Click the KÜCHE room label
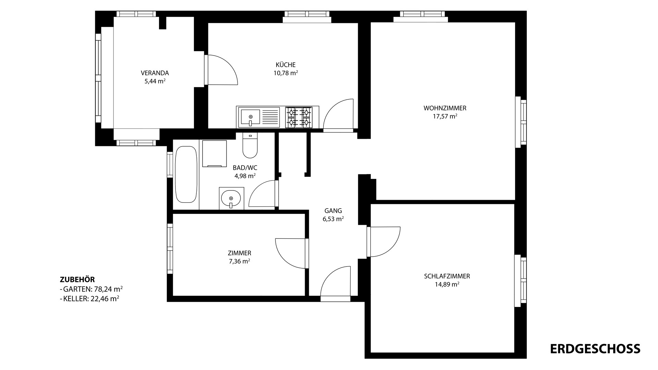[x=285, y=65]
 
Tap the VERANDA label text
[x=155, y=73]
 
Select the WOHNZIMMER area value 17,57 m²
[x=445, y=116]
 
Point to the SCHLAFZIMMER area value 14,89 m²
[x=447, y=284]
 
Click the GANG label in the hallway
[x=333, y=211]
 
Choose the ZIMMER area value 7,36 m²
[x=240, y=261]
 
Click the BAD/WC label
[x=245, y=168]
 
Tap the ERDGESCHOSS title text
[x=595, y=349]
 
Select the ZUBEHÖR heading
[x=77, y=280]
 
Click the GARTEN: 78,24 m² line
[x=91, y=289]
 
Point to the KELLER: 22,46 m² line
[x=89, y=298]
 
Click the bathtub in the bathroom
[x=186, y=175]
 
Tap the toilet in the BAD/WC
[x=250, y=145]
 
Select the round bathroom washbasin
[x=231, y=198]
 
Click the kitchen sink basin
[x=250, y=116]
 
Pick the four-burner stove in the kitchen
[x=299, y=117]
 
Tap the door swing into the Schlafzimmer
[x=383, y=242]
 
